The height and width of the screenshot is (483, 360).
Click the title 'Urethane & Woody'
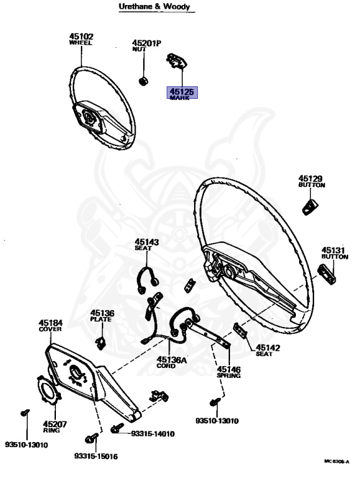click(155, 6)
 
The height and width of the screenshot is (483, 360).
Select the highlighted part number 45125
click(182, 91)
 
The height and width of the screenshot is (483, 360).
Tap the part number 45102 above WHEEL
click(81, 36)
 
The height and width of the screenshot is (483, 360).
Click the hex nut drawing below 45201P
click(143, 81)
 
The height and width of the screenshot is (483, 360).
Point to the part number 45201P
click(147, 43)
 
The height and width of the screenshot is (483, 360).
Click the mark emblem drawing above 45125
click(177, 61)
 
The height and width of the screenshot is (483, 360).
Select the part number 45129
click(310, 179)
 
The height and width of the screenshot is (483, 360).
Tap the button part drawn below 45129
click(310, 207)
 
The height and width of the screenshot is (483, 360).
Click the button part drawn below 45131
click(327, 274)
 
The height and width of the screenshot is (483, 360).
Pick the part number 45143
click(147, 242)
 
